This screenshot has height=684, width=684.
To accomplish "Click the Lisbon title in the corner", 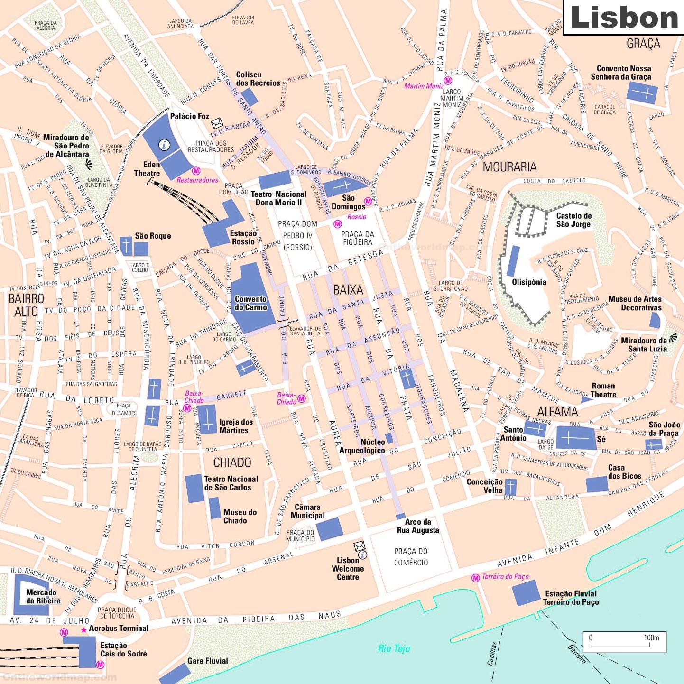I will coord(624,18).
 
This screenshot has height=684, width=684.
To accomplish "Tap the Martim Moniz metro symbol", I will coord(448,81).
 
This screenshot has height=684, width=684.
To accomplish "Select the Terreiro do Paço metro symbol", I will coord(475,578).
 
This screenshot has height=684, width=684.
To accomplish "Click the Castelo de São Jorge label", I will coord(573,220).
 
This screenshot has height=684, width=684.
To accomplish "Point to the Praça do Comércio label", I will coord(411,557).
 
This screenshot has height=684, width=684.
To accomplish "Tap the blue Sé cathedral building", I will coord(575,438).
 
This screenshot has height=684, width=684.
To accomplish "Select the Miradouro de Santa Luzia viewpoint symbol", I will coord(673,338).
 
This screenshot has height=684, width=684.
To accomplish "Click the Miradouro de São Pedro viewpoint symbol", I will coord(88,164).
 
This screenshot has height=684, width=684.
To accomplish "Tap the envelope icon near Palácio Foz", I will coord(217,123).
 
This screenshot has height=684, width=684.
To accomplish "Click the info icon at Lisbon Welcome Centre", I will coord(362,555).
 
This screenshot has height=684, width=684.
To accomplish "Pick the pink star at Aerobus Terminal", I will coord(84,630).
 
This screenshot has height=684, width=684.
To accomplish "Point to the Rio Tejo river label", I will coord(394,648).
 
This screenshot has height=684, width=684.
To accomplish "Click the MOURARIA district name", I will coord(509,167).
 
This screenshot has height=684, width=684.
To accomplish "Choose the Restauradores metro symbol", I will coord(196,171).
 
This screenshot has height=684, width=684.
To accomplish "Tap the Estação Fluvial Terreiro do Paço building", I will coord(526,593).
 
